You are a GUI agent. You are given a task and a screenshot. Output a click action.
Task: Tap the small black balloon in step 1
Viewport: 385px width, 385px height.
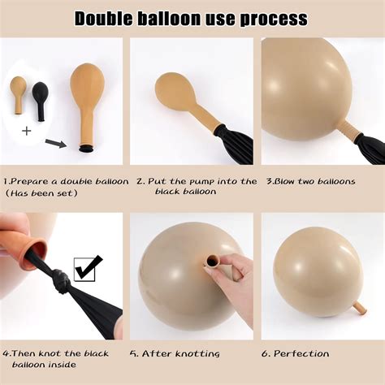39,97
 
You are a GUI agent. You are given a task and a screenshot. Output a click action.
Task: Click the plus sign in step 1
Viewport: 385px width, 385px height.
26,131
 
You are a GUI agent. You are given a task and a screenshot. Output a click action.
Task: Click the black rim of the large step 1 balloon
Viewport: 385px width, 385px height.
84,149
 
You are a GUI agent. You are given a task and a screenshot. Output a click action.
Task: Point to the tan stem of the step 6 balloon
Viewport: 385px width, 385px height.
357,307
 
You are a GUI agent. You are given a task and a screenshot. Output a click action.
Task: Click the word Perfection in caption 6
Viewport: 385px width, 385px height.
301,353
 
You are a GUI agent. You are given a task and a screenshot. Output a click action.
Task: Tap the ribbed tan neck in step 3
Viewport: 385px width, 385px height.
347,129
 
